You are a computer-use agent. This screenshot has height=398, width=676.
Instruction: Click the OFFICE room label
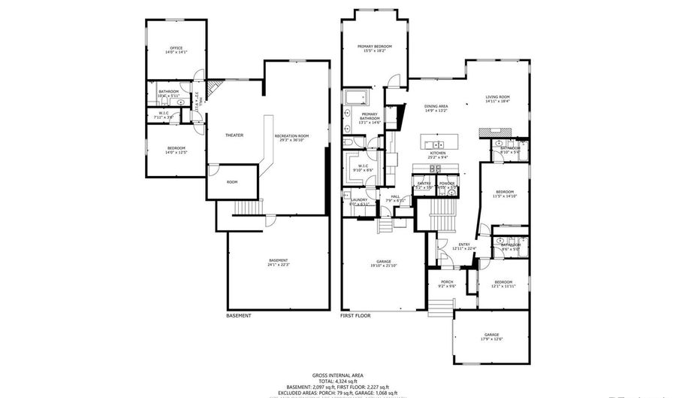click(176, 50)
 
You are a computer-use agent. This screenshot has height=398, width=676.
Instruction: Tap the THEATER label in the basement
click(234, 135)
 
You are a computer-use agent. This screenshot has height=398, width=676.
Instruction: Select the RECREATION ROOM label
click(293, 137)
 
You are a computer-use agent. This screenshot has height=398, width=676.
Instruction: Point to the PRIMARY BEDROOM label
click(374, 48)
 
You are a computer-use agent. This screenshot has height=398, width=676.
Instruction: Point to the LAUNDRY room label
click(359, 201)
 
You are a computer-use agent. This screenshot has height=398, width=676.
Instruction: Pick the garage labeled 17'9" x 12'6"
click(491, 336)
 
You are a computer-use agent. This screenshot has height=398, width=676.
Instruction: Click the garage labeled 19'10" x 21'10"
click(383, 263)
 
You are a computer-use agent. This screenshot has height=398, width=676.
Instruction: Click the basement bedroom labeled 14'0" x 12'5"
click(176, 150)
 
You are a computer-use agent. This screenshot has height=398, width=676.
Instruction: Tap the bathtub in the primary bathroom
click(354, 98)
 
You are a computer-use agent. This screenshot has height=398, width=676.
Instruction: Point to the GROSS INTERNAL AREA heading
click(337, 375)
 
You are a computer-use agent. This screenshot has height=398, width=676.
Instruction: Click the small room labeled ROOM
click(232, 182)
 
